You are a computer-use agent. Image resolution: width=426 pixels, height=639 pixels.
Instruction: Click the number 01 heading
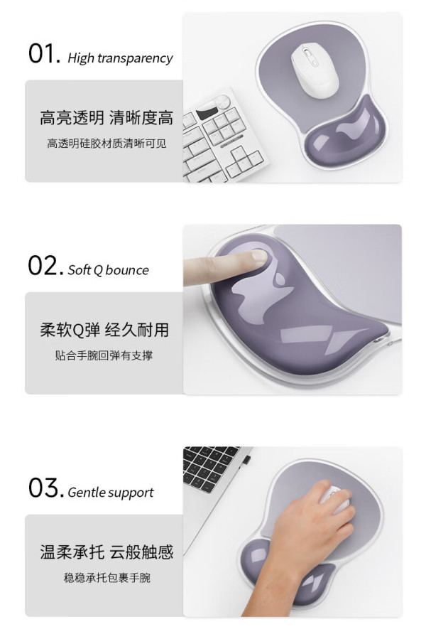(x=45, y=54)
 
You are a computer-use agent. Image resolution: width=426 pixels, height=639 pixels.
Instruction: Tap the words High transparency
(x=120, y=58)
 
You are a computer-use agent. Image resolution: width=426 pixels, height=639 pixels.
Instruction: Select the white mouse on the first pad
(x=315, y=70)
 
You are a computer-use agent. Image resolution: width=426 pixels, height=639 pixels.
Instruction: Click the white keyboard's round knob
(x=222, y=102)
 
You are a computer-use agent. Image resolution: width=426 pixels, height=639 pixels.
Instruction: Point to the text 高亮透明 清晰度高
(x=106, y=118)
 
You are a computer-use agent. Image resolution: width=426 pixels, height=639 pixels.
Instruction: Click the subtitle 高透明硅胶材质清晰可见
(x=106, y=144)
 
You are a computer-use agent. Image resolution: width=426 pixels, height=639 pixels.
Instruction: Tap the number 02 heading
(x=45, y=266)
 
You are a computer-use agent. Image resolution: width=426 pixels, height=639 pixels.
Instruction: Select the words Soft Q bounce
(x=108, y=270)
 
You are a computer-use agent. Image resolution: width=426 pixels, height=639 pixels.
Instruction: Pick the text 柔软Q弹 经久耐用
(x=104, y=330)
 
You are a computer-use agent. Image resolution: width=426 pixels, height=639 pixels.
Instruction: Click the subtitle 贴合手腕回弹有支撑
(x=104, y=355)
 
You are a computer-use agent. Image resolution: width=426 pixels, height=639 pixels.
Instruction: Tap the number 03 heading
(x=45, y=488)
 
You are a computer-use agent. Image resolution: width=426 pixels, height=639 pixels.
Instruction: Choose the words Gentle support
(x=110, y=493)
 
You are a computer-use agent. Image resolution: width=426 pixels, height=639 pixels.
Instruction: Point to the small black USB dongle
(x=245, y=460)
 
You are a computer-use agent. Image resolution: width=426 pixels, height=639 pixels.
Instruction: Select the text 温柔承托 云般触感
(x=106, y=552)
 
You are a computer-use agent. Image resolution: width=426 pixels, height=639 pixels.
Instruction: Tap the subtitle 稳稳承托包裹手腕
(x=106, y=578)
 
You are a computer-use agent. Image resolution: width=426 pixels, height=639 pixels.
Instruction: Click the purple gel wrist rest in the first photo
(x=344, y=129)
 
